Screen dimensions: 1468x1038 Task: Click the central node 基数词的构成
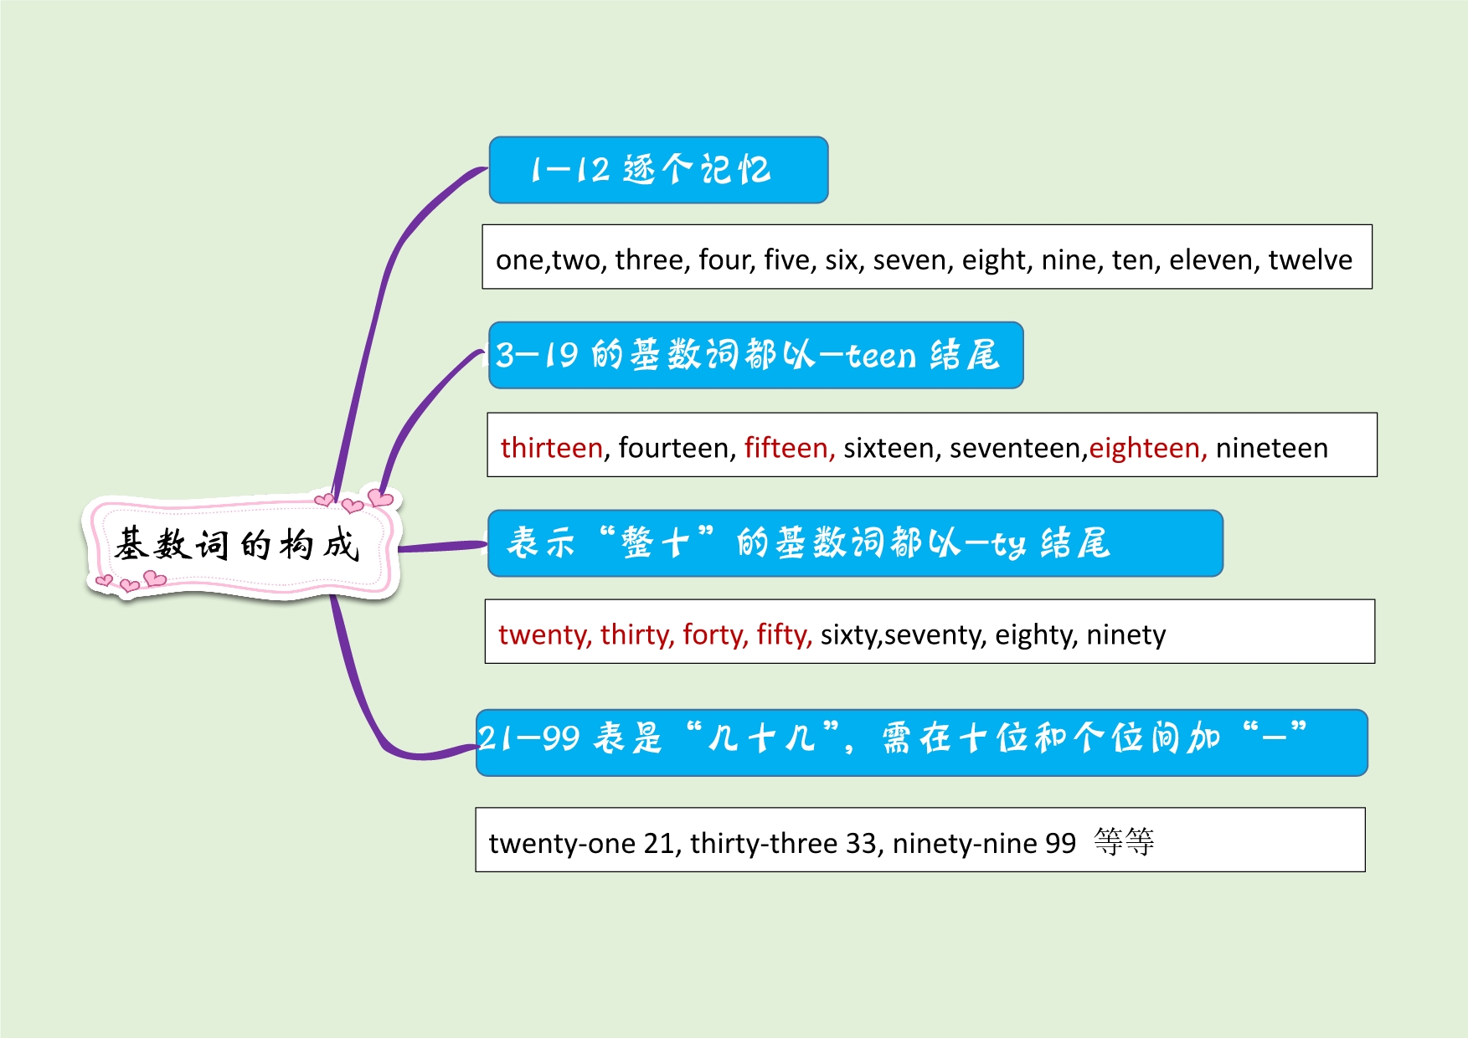coord(239,546)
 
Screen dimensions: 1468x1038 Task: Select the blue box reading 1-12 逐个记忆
coord(658,170)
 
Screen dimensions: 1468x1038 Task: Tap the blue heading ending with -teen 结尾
coord(755,355)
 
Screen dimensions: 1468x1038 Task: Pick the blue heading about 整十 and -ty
coord(855,543)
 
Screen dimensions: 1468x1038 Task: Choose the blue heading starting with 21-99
coord(921,743)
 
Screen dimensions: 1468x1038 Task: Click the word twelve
coord(1310,260)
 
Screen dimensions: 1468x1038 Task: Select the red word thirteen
coord(552,448)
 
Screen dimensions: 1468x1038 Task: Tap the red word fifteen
coord(786,448)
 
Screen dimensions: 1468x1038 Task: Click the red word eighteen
coord(1145,448)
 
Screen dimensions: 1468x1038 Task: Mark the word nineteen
coord(1271,448)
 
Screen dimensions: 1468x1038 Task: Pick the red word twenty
coord(542,635)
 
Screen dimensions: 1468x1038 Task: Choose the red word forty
coord(713,635)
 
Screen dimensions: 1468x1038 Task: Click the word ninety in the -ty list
coord(1125,635)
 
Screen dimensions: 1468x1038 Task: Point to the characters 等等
coord(1124,841)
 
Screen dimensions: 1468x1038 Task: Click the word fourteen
coord(673,448)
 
